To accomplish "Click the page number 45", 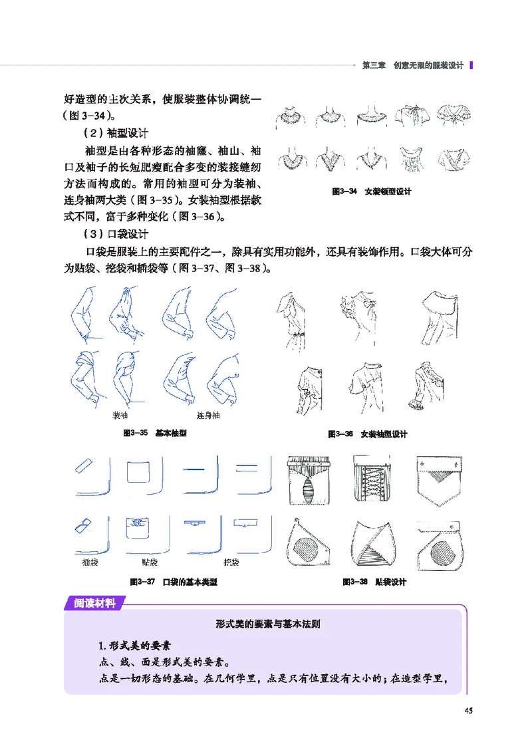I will (x=468, y=710).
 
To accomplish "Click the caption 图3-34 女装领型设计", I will (x=372, y=191).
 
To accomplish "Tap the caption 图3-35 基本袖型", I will (x=155, y=433).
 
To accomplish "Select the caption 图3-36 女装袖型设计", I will (x=368, y=434).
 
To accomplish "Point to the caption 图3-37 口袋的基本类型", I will (x=173, y=582).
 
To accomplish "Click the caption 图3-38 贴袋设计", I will (x=374, y=582).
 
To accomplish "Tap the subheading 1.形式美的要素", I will (x=135, y=646).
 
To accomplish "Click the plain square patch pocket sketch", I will (x=140, y=473).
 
